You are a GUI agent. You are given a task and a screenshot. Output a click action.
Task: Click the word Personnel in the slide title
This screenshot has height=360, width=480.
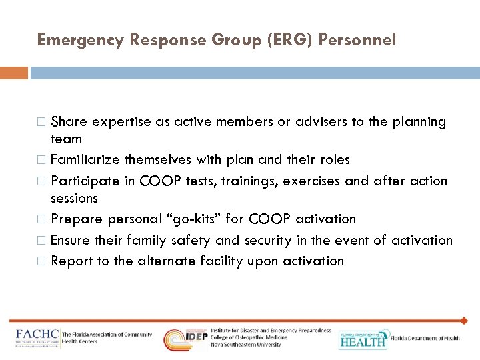pyautogui.click(x=357, y=40)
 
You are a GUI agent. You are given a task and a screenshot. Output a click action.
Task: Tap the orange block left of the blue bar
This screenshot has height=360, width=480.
pyautogui.click(x=13, y=73)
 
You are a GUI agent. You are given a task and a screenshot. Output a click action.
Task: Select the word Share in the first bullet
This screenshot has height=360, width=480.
pyautogui.click(x=69, y=122)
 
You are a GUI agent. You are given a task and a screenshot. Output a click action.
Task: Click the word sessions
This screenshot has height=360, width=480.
pyautogui.click(x=74, y=198)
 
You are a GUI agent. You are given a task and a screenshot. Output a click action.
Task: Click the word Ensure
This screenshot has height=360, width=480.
pyautogui.click(x=71, y=241)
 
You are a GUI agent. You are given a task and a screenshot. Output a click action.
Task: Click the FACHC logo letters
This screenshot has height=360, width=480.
pyautogui.click(x=37, y=337)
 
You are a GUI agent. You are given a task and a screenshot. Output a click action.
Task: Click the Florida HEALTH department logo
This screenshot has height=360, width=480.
pyautogui.click(x=363, y=339)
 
